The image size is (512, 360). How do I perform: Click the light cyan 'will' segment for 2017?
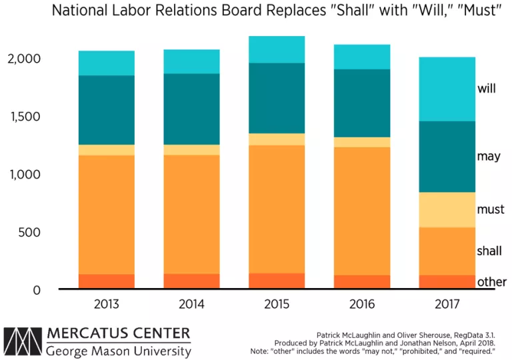tap(447, 89)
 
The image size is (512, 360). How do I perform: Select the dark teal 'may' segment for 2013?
tap(107, 110)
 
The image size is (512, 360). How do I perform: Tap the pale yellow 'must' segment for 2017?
tap(447, 209)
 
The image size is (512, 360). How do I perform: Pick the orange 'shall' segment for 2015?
tap(277, 209)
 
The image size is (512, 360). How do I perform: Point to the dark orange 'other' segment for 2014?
tap(192, 281)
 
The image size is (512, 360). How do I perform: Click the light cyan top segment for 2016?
tap(362, 57)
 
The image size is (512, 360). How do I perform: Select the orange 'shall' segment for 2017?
tap(447, 251)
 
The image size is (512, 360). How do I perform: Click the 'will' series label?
tap(487, 88)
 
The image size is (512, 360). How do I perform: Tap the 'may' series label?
tap(489, 157)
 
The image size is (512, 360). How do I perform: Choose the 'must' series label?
tap(491, 210)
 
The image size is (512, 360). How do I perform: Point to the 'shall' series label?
tap(489, 251)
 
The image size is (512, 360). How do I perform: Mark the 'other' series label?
tap(491, 282)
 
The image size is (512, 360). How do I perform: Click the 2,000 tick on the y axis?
tap(24, 59)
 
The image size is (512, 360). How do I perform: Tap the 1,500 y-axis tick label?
tap(24, 117)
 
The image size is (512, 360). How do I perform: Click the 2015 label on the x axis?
tap(277, 305)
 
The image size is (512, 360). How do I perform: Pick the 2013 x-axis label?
tap(107, 305)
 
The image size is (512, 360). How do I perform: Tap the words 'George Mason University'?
tap(119, 350)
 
